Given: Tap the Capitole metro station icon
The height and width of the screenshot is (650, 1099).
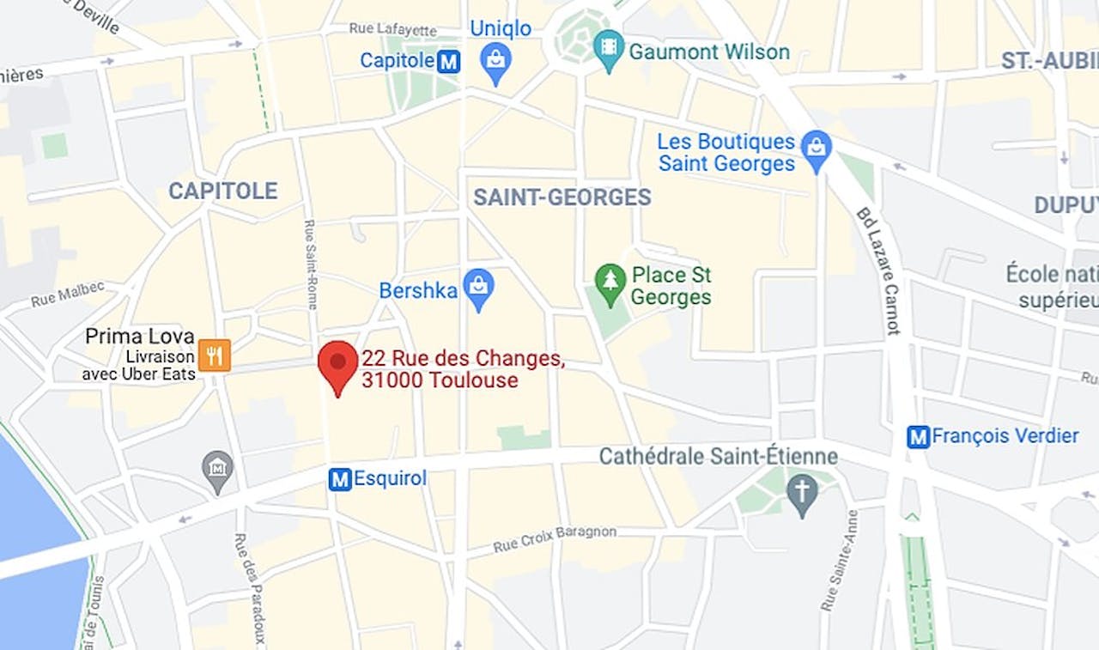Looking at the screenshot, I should click(448, 61).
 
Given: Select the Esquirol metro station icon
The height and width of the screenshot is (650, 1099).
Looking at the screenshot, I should click(340, 479).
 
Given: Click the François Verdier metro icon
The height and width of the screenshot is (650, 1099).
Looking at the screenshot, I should click(919, 436).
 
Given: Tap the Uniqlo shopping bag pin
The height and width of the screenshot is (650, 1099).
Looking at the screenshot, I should click(495, 61).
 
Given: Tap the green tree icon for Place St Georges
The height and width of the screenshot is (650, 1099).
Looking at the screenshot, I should click(610, 283).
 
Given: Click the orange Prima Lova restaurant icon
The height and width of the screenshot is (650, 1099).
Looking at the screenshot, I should click(214, 355).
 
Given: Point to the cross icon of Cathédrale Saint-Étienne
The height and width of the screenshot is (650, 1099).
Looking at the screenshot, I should click(803, 495).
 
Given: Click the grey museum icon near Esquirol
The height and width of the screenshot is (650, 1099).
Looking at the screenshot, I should click(217, 470).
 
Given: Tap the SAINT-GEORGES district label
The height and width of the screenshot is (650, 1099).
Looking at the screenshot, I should click(562, 197).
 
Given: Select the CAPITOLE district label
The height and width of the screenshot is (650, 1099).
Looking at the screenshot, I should click(222, 191).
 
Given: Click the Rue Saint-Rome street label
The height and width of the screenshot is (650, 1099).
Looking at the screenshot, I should click(310, 264).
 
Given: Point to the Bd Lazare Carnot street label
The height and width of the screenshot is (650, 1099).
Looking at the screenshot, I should click(877, 270).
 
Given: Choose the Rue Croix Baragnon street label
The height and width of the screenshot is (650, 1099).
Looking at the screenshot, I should click(555, 538).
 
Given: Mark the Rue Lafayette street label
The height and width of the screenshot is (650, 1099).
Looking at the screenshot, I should click(392, 29).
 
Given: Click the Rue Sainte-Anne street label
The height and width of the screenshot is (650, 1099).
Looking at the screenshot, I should click(838, 560).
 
